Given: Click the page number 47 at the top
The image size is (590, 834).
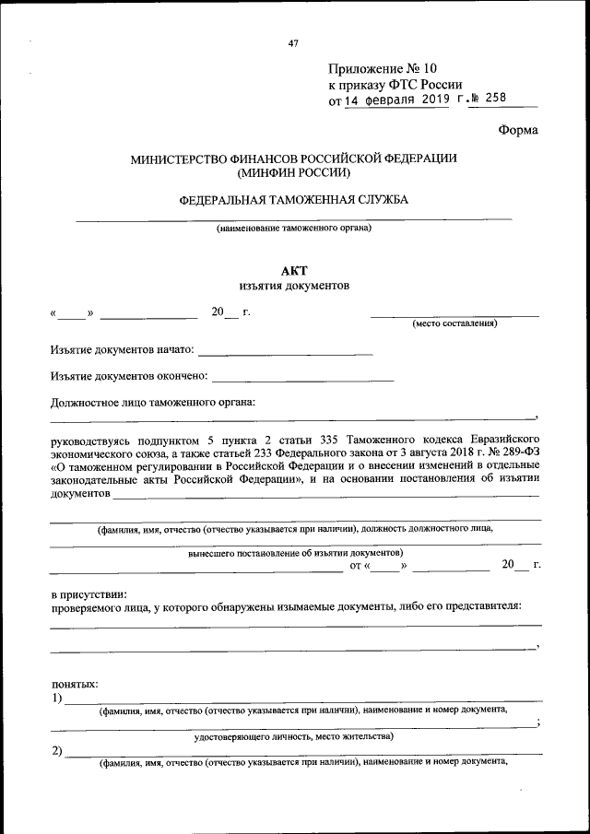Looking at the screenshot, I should pyautogui.click(x=293, y=42).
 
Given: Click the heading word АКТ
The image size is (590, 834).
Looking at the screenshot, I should pyautogui.click(x=293, y=269).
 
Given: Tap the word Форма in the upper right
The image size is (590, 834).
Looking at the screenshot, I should pyautogui.click(x=518, y=130).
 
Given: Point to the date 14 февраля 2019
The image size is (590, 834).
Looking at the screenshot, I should pyautogui.click(x=397, y=100).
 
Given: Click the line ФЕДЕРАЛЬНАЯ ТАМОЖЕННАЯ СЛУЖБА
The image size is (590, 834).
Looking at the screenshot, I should pyautogui.click(x=293, y=199).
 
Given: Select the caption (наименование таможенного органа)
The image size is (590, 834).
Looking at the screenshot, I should pyautogui.click(x=293, y=228).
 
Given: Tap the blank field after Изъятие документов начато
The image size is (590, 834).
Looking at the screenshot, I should pyautogui.click(x=285, y=350).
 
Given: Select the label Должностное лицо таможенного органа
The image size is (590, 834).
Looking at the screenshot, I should pyautogui.click(x=152, y=402).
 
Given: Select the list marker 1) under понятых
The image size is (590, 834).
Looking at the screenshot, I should pyautogui.click(x=57, y=698).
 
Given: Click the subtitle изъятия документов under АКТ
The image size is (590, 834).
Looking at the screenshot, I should pyautogui.click(x=293, y=286).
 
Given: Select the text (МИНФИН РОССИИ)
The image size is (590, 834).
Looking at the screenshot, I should pyautogui.click(x=293, y=172).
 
